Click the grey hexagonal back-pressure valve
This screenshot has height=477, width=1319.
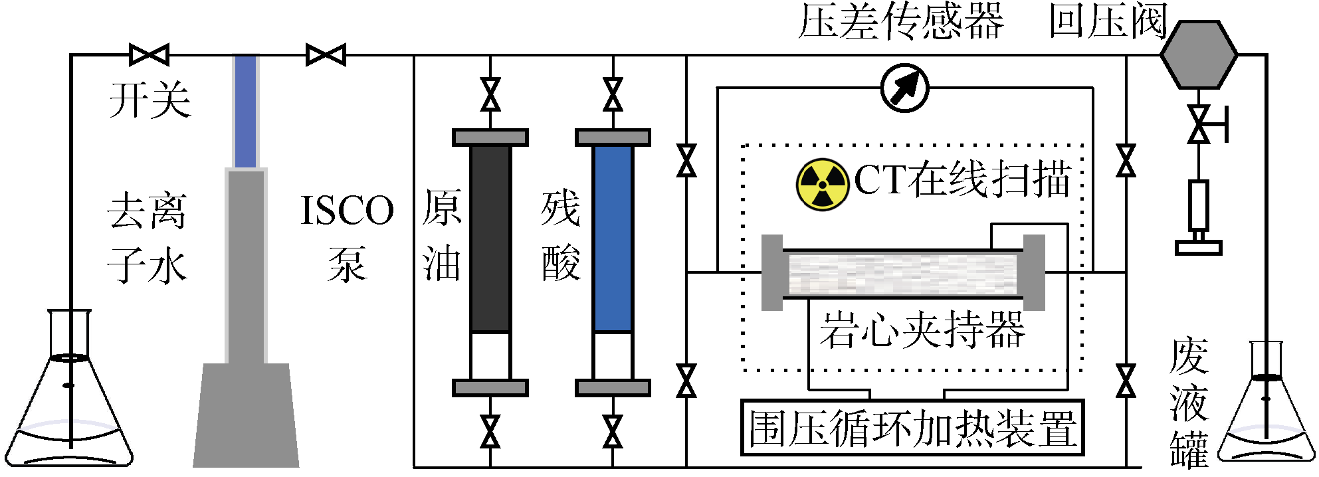pos(1199,54)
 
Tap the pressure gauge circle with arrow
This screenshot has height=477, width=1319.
pos(904,88)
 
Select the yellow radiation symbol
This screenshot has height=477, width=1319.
pos(823,184)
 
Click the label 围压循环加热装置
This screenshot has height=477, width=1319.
pos(912,429)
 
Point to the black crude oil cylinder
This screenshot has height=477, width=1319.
pos(490,238)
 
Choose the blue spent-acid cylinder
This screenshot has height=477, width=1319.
pos(613,238)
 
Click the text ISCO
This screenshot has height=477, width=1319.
pos(347,211)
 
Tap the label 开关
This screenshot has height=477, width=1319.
pos(150,101)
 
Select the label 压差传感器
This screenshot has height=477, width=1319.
pos(900,22)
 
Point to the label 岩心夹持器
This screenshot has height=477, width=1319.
pos(922,330)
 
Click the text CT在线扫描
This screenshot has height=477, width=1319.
pos(962,179)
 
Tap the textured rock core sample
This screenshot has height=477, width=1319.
pos(902,274)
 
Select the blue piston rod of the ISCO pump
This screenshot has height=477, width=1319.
pos(245,112)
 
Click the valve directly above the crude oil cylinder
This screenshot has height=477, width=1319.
pos(490,95)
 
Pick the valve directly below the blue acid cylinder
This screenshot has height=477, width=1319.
pos(613,432)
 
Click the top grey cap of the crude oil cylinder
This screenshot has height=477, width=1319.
pos(490,138)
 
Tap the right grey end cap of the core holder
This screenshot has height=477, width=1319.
pos(1034,272)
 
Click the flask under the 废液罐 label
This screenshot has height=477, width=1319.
pos(1267,419)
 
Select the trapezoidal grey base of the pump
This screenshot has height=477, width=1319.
pos(246,415)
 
